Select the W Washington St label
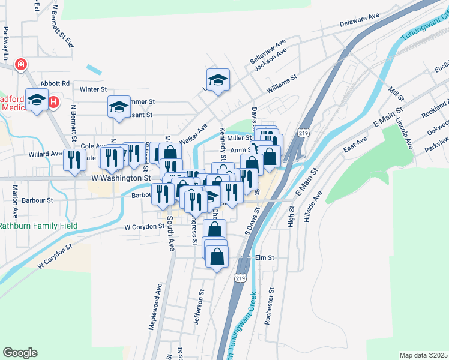121,178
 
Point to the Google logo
20,353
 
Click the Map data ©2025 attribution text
423,355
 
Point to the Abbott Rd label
55,83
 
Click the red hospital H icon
53,103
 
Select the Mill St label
396,94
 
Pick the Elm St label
264,257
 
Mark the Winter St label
93,89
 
